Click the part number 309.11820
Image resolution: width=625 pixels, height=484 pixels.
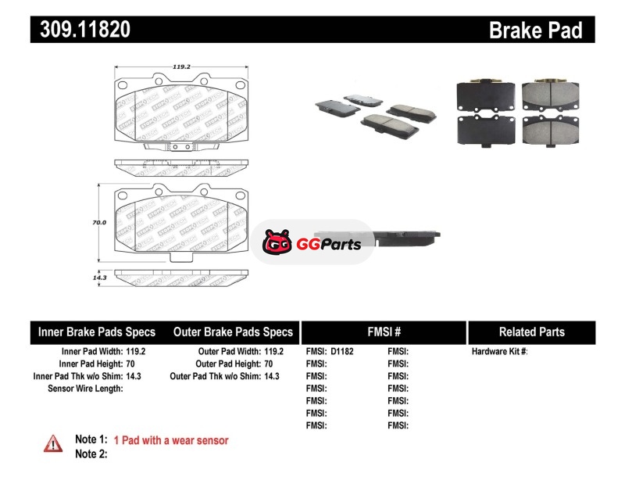pos(81,30)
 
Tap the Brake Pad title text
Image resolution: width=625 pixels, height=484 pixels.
pos(535,30)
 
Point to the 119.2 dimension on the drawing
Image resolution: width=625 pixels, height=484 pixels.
pos(181,67)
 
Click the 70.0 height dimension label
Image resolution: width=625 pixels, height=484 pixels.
pos(98,222)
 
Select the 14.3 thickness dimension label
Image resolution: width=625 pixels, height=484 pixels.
pos(98,277)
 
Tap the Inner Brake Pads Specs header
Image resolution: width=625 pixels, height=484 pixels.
pos(97,332)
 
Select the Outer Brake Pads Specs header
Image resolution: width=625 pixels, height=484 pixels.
pos(233,332)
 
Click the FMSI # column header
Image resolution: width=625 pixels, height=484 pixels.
pos(384,332)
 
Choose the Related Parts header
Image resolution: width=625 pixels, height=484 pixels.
pos(531,332)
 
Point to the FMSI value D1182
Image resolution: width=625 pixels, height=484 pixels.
pos(342,352)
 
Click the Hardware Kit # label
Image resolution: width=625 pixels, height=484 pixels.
pos(499,352)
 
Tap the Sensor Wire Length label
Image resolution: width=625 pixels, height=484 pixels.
pos(85,388)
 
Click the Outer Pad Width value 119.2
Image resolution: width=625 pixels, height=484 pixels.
pos(274,352)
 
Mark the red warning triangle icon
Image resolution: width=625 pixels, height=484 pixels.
pos(52,443)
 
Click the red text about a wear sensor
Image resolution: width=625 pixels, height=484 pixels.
pos(171,440)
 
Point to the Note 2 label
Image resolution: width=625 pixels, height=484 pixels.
pos(91,454)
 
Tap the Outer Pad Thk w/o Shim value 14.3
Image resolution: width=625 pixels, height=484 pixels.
pos(270,376)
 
